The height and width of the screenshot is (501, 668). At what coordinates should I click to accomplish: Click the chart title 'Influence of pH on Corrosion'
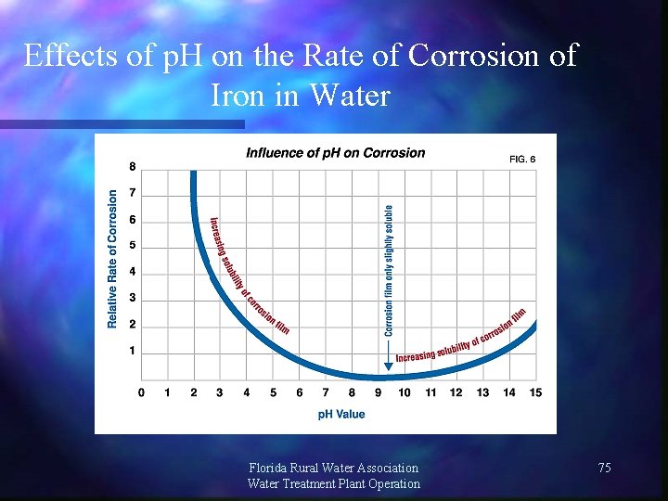click(335, 153)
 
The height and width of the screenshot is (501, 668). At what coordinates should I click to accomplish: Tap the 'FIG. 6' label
click(522, 160)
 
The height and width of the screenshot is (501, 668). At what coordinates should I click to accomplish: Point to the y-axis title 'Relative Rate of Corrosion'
click(112, 259)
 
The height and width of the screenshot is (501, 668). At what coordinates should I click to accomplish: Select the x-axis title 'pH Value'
click(341, 415)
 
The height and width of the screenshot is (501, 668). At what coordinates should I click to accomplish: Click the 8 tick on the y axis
click(132, 167)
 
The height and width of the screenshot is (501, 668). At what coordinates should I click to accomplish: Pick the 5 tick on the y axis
click(132, 246)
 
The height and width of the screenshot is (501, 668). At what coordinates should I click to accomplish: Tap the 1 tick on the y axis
click(132, 351)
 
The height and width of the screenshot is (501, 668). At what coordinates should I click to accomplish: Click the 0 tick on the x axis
click(141, 392)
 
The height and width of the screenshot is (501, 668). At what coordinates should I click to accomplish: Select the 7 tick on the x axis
click(326, 392)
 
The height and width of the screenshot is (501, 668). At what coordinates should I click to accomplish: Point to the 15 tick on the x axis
click(535, 392)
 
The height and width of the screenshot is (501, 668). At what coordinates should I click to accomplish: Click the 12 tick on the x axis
click(456, 392)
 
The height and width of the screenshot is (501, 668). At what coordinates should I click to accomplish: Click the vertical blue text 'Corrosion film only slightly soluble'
click(389, 269)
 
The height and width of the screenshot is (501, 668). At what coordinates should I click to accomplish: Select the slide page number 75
click(604, 469)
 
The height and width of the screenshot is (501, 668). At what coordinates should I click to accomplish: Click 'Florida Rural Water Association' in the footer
click(334, 468)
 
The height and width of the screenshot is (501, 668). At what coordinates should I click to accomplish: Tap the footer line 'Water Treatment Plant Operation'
click(334, 483)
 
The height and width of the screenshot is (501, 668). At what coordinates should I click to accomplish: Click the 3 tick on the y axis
click(132, 298)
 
